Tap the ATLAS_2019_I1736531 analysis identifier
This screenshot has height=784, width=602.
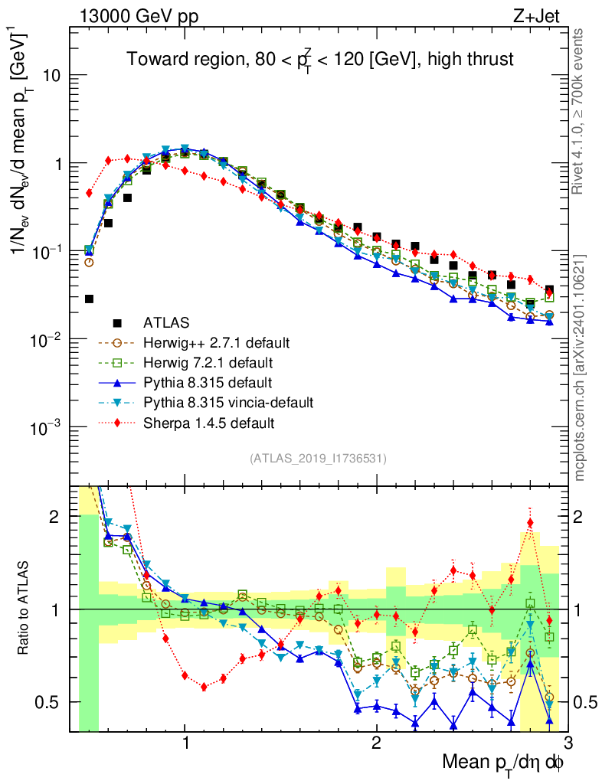[x=318, y=459]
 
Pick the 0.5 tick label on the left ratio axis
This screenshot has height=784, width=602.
[x=49, y=702]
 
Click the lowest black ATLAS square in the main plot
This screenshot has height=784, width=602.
[x=89, y=299]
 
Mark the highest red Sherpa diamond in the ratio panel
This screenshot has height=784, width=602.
[x=530, y=523]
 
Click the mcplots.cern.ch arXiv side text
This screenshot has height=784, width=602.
[x=580, y=367]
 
